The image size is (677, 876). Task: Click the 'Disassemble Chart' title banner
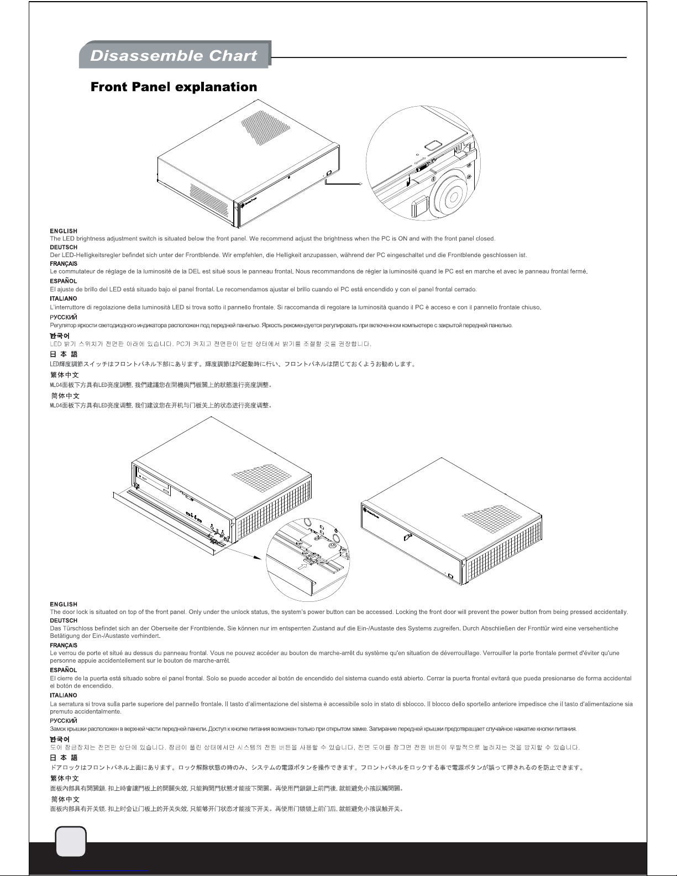click(x=174, y=55)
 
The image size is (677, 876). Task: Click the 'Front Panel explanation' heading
click(x=174, y=87)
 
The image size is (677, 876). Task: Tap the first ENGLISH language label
click(x=64, y=231)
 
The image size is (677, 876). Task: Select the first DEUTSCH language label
click(x=64, y=247)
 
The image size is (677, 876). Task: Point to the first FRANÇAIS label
click(x=64, y=264)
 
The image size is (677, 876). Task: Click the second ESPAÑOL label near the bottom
click(x=64, y=670)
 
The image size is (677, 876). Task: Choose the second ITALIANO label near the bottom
click(x=64, y=695)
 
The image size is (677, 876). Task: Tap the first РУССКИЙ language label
click(x=64, y=317)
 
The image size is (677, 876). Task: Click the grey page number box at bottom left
click(x=71, y=842)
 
